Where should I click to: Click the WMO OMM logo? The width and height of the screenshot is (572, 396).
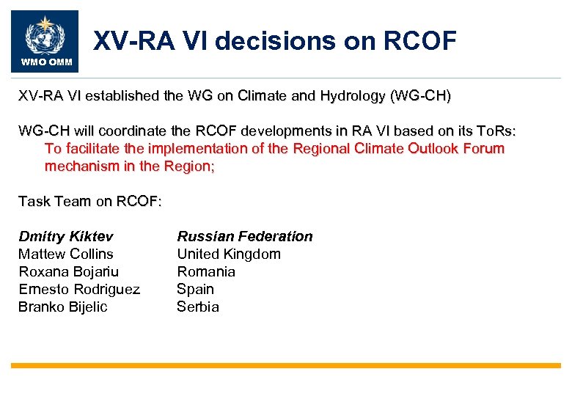(44, 41)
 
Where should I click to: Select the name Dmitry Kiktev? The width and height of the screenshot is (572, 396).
(66, 236)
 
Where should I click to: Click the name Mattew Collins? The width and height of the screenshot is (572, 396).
(66, 254)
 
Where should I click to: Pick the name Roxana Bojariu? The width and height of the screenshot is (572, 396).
(68, 271)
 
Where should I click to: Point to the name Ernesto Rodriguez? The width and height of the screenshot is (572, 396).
(79, 289)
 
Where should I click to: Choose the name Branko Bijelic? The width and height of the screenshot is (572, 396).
(62, 307)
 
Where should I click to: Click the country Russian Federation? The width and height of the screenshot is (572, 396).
(245, 236)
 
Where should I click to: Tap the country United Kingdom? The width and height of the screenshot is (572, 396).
(229, 254)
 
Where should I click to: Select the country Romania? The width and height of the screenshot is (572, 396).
(206, 271)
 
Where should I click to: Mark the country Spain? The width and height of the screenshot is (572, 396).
(195, 289)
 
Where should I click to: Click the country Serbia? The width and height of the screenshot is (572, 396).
(198, 307)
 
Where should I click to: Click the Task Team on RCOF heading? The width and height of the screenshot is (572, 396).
(89, 201)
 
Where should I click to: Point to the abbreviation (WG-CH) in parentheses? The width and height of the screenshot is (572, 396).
(422, 96)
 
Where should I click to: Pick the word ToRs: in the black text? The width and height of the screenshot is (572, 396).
(494, 131)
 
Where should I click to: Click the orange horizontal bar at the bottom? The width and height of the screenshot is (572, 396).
(286, 365)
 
